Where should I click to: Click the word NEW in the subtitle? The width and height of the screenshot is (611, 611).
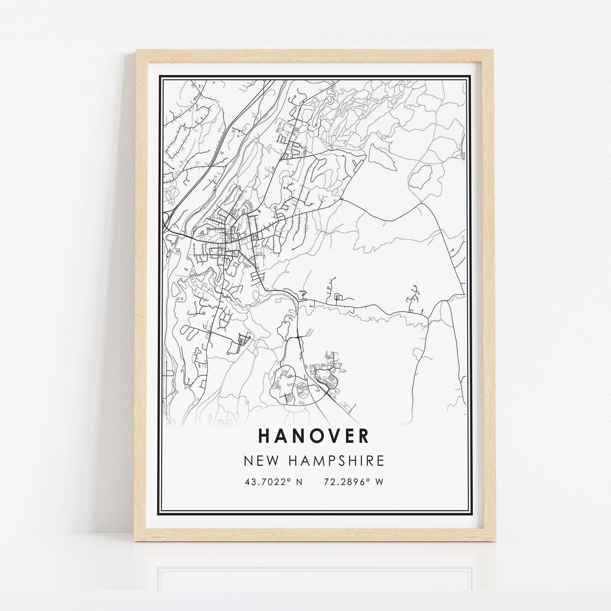click(x=257, y=461)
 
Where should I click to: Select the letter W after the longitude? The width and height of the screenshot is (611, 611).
click(x=380, y=482)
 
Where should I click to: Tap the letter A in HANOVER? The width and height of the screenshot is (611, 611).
click(x=281, y=436)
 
